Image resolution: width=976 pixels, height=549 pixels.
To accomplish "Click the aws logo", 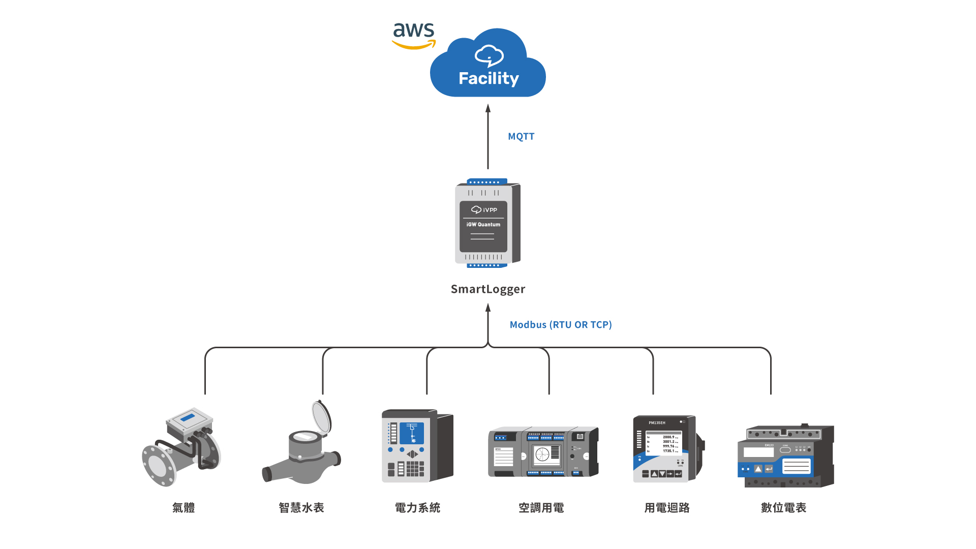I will (414, 35).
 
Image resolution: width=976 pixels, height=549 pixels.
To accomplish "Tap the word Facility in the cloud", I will (489, 78).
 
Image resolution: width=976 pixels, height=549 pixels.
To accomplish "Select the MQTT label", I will (521, 136).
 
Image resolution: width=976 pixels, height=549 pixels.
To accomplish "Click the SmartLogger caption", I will (487, 289).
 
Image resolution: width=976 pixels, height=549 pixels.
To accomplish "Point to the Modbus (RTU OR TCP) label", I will (561, 324).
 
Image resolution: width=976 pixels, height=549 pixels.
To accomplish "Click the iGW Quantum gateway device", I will (486, 223).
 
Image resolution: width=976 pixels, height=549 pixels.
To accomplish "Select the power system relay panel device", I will (417, 446).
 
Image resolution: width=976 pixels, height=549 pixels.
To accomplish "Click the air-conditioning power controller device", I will (543, 451).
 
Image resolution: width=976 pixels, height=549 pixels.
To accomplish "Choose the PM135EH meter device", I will (667, 449).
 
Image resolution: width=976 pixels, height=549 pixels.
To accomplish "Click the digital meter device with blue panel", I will (785, 456).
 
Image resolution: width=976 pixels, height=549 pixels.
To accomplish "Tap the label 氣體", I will (184, 507).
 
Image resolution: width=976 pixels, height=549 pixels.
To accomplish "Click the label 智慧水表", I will (301, 507).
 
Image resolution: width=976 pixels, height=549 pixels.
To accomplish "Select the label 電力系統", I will (417, 507).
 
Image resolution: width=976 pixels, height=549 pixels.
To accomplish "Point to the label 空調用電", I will (541, 507).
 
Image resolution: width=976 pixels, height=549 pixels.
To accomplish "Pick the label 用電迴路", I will (667, 507).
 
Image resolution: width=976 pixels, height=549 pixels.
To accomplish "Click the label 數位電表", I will (783, 507).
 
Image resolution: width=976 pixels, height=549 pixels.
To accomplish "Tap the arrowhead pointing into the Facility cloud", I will (488, 108).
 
